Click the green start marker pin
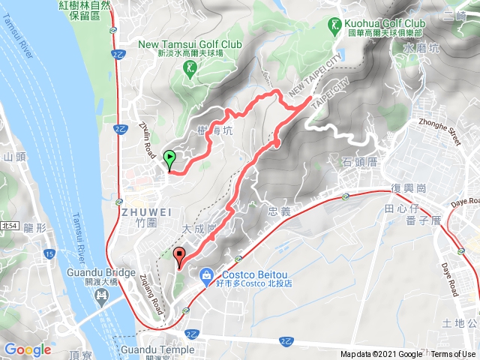tap(169, 159)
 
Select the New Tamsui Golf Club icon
tap(190, 68)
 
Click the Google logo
tap(28, 349)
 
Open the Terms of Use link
tap(453, 355)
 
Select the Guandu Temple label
tap(156, 349)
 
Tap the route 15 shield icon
tap(49, 253)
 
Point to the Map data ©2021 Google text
tap(381, 355)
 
